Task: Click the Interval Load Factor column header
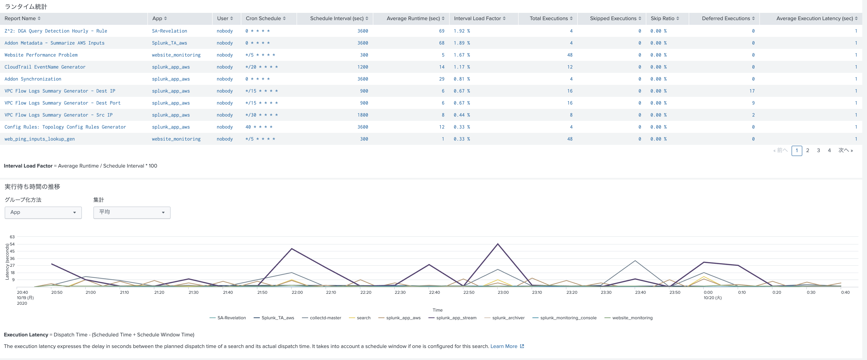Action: pos(477,18)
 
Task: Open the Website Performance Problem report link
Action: pos(41,55)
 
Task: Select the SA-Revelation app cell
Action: pos(169,31)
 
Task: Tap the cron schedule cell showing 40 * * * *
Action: pos(258,127)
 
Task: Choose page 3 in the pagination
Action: pos(818,150)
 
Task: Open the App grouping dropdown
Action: pos(43,212)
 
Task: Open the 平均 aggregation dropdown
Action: pos(132,212)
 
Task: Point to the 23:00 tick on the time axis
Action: pos(503,292)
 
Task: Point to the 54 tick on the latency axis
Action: pos(12,244)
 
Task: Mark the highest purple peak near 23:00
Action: pos(497,244)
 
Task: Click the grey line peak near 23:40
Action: pos(635,261)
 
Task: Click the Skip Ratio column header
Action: pos(662,18)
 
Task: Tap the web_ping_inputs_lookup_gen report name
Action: pos(40,139)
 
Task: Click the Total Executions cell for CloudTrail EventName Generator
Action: pos(570,67)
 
